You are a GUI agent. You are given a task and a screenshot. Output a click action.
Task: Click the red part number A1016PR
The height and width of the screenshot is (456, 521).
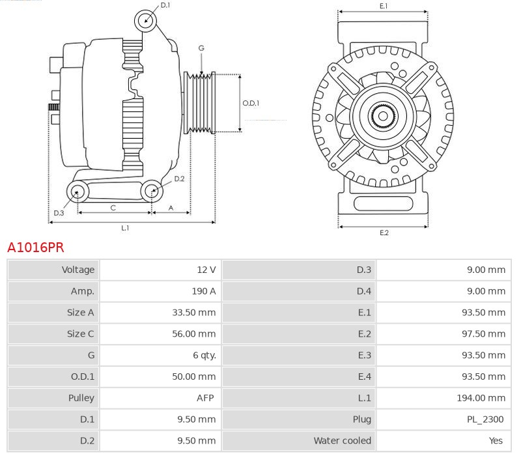pyautogui.click(x=36, y=248)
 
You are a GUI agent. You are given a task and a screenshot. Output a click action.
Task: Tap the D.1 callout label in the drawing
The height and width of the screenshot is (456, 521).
pyautogui.click(x=165, y=5)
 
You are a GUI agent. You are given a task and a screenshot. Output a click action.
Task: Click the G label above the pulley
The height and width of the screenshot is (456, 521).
pyautogui.click(x=201, y=48)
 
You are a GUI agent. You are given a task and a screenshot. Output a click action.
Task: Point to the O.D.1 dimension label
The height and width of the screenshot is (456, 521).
pyautogui.click(x=251, y=103)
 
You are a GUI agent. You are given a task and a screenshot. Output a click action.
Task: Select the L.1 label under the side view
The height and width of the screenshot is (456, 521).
pyautogui.click(x=125, y=228)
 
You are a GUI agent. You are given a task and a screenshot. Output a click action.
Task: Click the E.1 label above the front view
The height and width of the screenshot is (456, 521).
pyautogui.click(x=384, y=6)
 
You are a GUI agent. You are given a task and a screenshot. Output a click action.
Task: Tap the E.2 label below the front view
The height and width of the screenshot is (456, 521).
pyautogui.click(x=384, y=233)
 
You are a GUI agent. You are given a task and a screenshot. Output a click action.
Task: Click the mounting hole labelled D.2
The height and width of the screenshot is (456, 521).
pyautogui.click(x=152, y=191)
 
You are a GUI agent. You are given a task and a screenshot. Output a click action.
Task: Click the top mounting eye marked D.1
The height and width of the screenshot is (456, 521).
pyautogui.click(x=146, y=20)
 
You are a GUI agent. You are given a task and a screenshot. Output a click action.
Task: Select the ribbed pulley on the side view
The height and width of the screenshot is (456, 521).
pyautogui.click(x=201, y=103)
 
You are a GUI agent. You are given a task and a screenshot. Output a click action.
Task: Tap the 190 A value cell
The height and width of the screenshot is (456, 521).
pyautogui.click(x=204, y=291)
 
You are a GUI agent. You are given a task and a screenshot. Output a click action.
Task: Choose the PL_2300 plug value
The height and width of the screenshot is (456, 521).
pyautogui.click(x=486, y=420)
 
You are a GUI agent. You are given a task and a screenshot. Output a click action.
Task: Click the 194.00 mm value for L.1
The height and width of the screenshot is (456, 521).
pyautogui.click(x=481, y=398)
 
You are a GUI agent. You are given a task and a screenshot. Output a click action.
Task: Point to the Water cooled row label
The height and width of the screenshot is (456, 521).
pyautogui.click(x=342, y=441)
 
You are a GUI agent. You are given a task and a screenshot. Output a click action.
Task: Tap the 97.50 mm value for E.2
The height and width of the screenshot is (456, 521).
pyautogui.click(x=484, y=334)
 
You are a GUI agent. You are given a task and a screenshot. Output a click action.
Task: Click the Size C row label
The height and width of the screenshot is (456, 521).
pyautogui.click(x=80, y=334)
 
